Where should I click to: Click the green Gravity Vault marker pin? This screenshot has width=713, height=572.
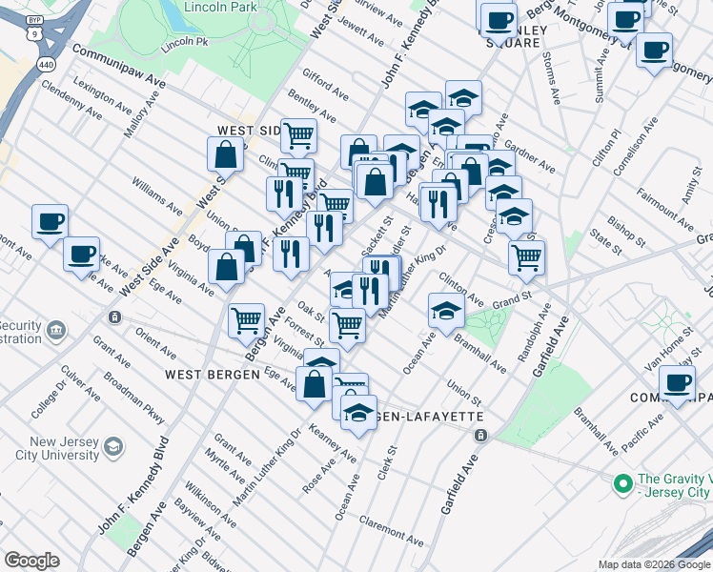point(622,484)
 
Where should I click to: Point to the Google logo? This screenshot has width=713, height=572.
point(31,561)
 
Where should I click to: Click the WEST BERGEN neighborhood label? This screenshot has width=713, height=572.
point(212,375)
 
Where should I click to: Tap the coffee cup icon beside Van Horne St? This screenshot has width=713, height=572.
point(678,384)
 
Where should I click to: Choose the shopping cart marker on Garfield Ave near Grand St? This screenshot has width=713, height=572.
point(526,256)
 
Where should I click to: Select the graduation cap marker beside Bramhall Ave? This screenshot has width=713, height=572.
point(445,310)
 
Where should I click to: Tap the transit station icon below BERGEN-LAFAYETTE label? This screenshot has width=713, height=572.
point(480,436)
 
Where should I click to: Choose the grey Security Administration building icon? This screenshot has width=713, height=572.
point(56,330)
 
